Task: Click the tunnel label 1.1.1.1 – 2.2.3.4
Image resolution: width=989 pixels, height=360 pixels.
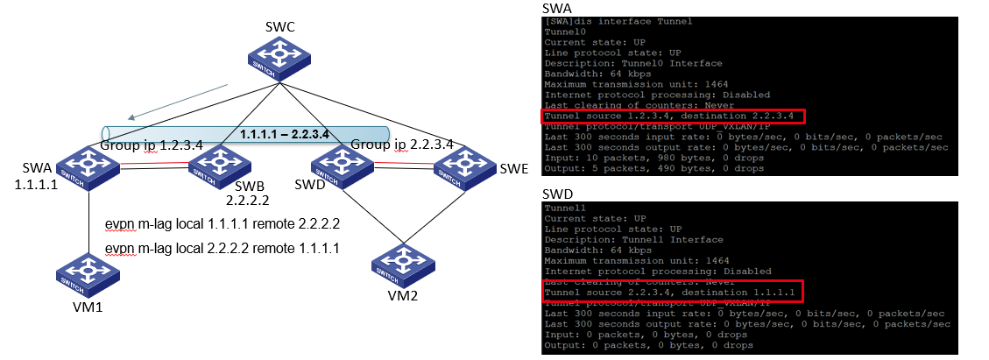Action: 285,134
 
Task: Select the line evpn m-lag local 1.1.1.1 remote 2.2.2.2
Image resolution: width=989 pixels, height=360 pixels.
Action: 222,224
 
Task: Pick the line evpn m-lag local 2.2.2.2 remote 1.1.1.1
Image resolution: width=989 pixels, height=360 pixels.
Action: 222,250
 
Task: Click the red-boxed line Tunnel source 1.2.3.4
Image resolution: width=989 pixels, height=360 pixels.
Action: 670,116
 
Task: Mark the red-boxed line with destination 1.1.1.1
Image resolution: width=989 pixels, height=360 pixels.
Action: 670,292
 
